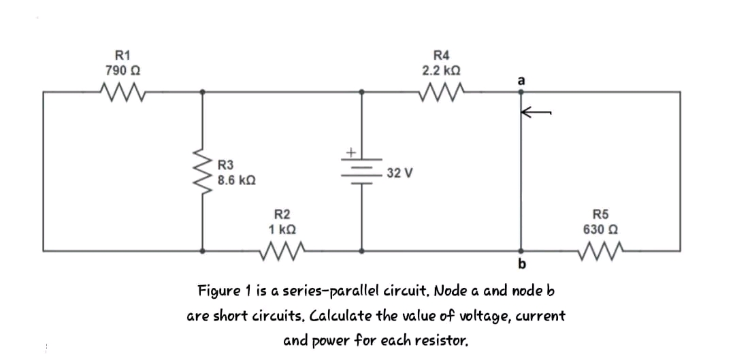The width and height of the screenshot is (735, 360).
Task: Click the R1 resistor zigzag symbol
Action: pos(122,90)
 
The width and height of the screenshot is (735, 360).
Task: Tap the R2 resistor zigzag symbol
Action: pos(280,250)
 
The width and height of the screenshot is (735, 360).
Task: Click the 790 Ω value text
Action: pos(123,70)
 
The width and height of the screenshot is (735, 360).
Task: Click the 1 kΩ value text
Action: pos(282,229)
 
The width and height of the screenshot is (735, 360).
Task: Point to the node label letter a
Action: pos(521,80)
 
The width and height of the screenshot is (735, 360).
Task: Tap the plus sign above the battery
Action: pos(353,152)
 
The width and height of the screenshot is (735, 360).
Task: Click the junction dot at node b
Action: pos(521,250)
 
